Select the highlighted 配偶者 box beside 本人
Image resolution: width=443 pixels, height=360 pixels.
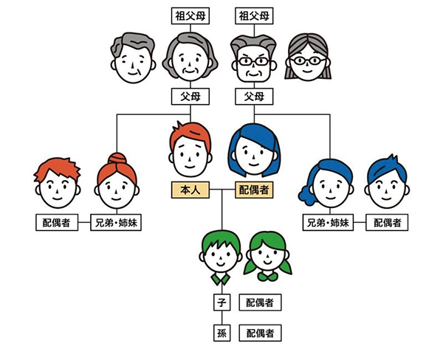click(x=254, y=190)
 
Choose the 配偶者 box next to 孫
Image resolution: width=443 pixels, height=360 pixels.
click(x=260, y=333)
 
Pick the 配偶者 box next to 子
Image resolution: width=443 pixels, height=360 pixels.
click(x=260, y=302)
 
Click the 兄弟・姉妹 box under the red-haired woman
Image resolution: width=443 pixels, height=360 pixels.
click(x=113, y=221)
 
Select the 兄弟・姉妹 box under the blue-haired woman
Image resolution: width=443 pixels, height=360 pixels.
click(x=329, y=221)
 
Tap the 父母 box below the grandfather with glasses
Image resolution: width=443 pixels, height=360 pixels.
click(x=254, y=96)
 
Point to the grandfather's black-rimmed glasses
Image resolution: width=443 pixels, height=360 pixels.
click(x=253, y=61)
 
